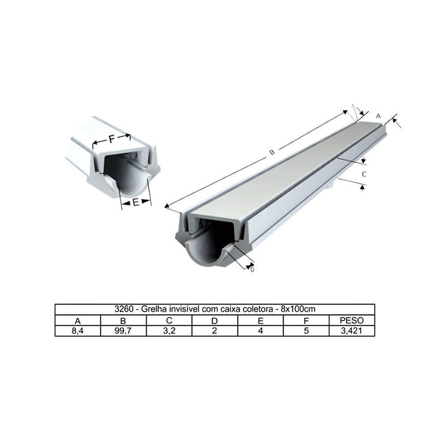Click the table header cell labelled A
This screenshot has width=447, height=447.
(78, 320)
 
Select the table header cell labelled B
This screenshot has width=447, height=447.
(123, 320)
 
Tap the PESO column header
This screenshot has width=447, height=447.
(352, 320)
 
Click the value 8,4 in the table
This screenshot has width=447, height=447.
(78, 331)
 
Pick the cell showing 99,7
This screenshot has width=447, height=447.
(123, 331)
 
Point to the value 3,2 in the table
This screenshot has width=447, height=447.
(169, 331)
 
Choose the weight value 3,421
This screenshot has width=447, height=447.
(352, 331)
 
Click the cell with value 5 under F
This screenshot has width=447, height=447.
(306, 331)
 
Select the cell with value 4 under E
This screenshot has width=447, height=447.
(260, 331)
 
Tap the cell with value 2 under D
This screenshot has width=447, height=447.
(215, 331)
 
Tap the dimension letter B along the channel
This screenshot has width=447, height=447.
(271, 152)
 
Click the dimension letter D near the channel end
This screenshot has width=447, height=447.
(252, 270)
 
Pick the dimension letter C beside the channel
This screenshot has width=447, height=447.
(364, 174)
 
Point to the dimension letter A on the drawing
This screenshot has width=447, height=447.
(378, 116)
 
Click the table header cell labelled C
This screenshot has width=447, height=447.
(169, 320)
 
